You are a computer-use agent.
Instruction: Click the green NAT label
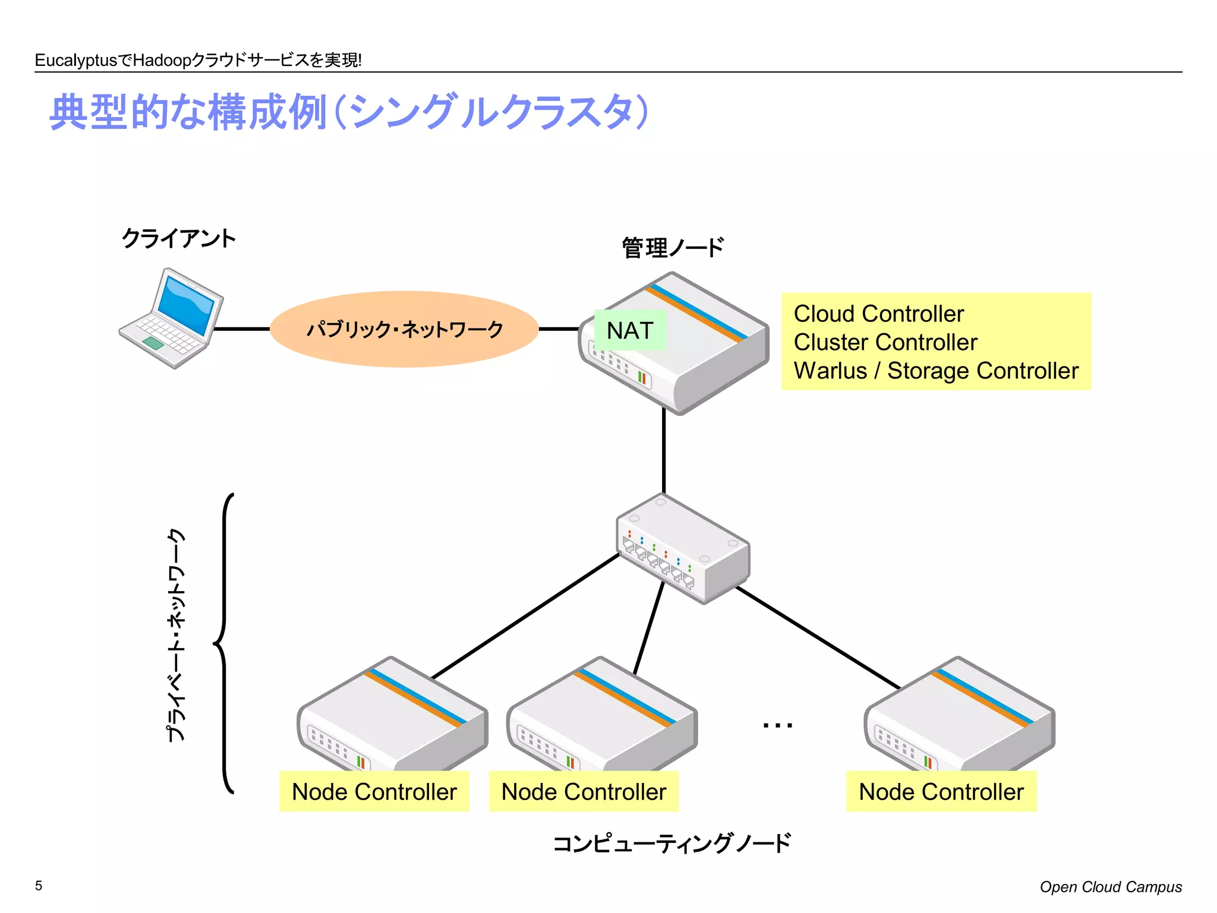630,330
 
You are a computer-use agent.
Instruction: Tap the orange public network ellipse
404,328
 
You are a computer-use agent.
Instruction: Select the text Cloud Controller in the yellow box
878,314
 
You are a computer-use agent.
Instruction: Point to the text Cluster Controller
885,342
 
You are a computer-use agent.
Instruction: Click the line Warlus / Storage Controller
935,371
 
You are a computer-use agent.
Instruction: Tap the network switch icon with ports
683,549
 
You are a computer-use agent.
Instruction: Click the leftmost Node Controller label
374,792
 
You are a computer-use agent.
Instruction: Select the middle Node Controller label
584,792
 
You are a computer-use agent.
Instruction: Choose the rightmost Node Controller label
941,792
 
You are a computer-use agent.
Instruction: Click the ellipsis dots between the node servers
777,725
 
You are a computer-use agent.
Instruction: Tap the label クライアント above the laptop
178,239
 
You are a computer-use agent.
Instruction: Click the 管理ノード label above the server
673,248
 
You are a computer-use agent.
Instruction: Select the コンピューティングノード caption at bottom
671,843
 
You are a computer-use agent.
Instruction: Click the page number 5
39,886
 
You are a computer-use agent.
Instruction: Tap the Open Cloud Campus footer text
1110,887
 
